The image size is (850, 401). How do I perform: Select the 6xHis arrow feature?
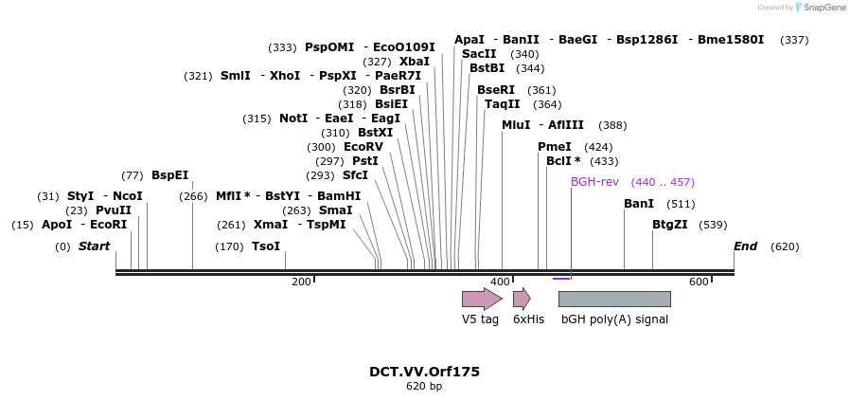pyautogui.click(x=521, y=300)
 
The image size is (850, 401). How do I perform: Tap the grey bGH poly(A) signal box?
pyautogui.click(x=614, y=299)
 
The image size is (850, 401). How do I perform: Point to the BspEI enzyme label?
pyautogui.click(x=170, y=175)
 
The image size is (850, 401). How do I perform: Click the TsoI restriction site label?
pyautogui.click(x=266, y=246)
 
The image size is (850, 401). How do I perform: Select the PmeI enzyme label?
pyautogui.click(x=555, y=147)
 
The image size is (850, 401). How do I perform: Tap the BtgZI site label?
pyautogui.click(x=670, y=225)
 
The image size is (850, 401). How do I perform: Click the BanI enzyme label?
pyautogui.click(x=639, y=204)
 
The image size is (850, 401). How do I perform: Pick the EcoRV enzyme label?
pyautogui.click(x=363, y=147)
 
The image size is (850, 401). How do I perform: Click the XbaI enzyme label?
pyautogui.click(x=415, y=61)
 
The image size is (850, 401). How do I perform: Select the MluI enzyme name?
pyautogui.click(x=516, y=125)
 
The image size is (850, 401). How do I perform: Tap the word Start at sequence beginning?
pyautogui.click(x=94, y=246)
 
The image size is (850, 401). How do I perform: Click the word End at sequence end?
pyautogui.click(x=745, y=246)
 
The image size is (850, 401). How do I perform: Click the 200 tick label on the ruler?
pyautogui.click(x=301, y=282)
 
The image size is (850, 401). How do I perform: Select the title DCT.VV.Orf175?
pyautogui.click(x=424, y=372)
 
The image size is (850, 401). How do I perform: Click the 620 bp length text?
pyautogui.click(x=424, y=387)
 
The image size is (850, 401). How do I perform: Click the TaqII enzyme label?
pyautogui.click(x=503, y=104)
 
